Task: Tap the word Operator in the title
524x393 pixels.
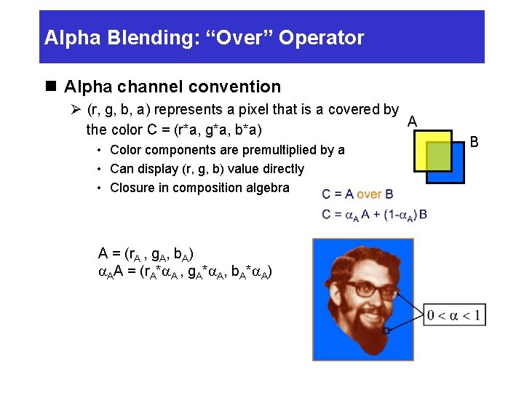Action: (325, 38)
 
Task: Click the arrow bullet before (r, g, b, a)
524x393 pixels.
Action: (75, 111)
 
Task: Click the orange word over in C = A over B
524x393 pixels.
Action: (369, 194)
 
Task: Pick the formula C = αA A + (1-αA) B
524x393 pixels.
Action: (374, 214)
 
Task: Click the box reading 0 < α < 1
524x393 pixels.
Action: (454, 315)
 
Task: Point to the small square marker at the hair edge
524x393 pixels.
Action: (385, 330)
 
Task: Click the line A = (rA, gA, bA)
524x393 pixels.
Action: (146, 255)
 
